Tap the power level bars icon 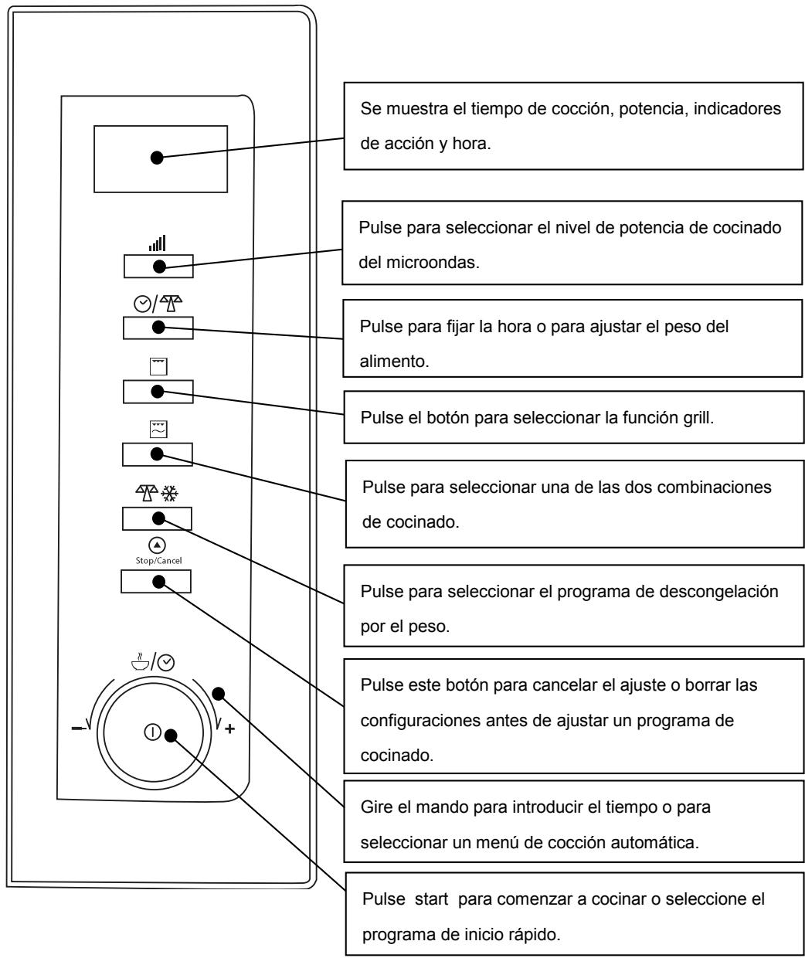pyautogui.click(x=157, y=243)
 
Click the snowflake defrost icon pyautogui.click(x=169, y=493)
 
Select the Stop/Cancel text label pyautogui.click(x=158, y=560)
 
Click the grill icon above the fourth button pyautogui.click(x=158, y=367)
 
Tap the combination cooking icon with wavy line pyautogui.click(x=158, y=429)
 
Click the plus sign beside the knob pyautogui.click(x=229, y=728)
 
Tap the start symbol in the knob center pyautogui.click(x=152, y=732)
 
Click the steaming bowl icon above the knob pyautogui.click(x=140, y=661)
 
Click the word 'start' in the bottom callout pyautogui.click(x=431, y=899)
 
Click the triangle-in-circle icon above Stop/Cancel pyautogui.click(x=157, y=545)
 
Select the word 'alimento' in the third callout pyautogui.click(x=394, y=362)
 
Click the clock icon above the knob pyautogui.click(x=165, y=663)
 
